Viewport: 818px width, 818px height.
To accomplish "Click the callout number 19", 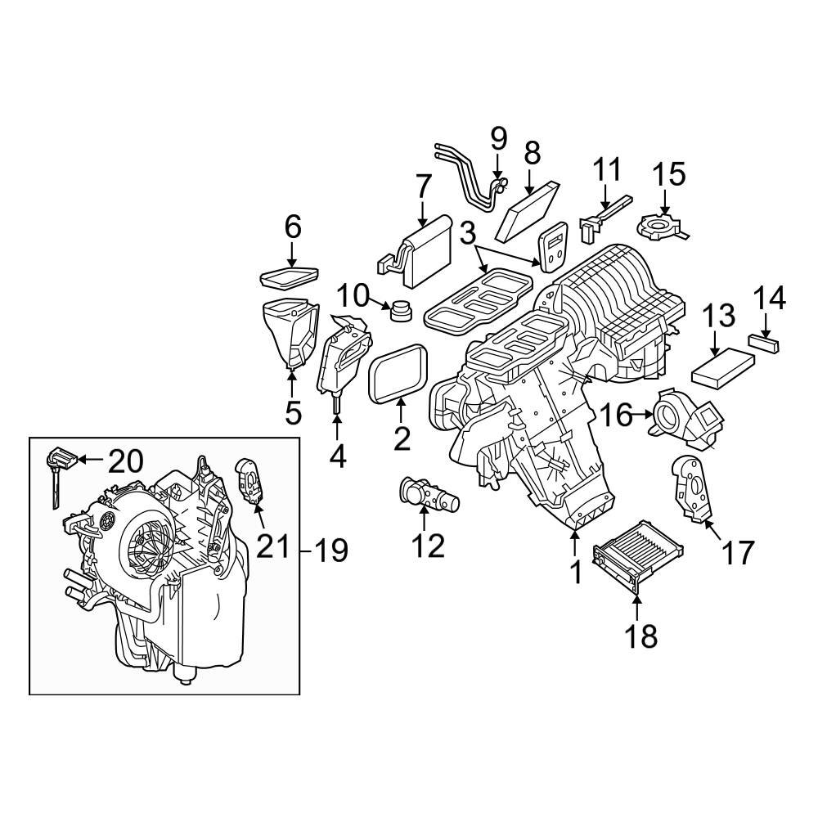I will coord(331,551).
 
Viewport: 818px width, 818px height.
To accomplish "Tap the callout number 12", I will coord(428,545).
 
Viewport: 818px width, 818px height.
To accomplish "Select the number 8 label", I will coord(532,152).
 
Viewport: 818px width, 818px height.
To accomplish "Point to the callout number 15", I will coord(668,174).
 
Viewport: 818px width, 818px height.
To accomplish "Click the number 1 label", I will coord(576,572).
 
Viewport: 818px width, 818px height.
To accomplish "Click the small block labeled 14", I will coord(764,344).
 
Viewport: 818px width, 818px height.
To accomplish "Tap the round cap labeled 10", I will coord(402,311).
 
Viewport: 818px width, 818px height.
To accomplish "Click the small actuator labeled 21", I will coord(249,482).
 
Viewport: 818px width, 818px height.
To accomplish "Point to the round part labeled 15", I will coord(660,224).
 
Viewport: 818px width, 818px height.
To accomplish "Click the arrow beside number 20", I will coord(92,461).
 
